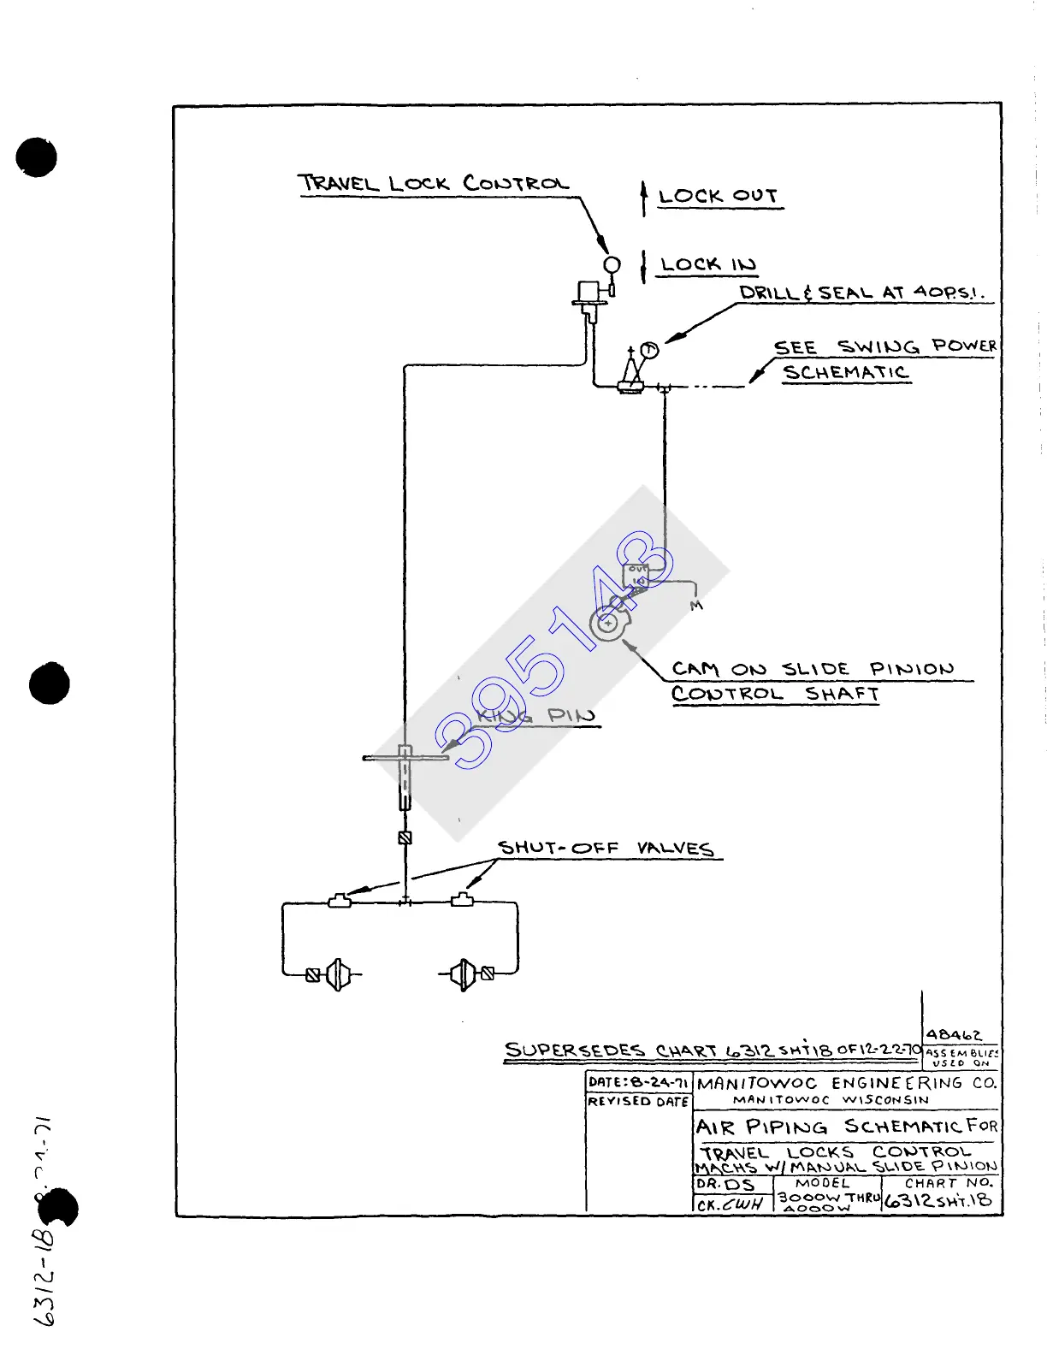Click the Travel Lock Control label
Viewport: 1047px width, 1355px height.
click(x=433, y=183)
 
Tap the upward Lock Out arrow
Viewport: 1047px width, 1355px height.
click(x=644, y=198)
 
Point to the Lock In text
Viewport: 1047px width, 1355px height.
click(x=708, y=264)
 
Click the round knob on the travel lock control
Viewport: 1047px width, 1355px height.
click(x=612, y=264)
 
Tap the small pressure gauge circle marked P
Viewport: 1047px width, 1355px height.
click(x=649, y=349)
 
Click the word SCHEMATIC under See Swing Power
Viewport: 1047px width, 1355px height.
click(x=845, y=372)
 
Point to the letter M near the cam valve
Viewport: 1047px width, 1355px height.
click(x=696, y=606)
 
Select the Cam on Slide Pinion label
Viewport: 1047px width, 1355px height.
click(x=812, y=669)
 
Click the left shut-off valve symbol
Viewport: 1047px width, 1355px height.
click(x=340, y=900)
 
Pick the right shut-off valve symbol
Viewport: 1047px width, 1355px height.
click(x=462, y=899)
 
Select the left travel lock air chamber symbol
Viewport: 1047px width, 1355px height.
click(x=337, y=974)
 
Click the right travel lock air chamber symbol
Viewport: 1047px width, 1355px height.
click(x=463, y=974)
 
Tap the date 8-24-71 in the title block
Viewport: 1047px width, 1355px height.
click(x=659, y=1082)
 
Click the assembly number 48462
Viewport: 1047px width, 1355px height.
click(x=954, y=1035)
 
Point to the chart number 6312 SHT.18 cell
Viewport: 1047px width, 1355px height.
click(x=938, y=1200)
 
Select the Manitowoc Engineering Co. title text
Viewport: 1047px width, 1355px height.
click(x=846, y=1083)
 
